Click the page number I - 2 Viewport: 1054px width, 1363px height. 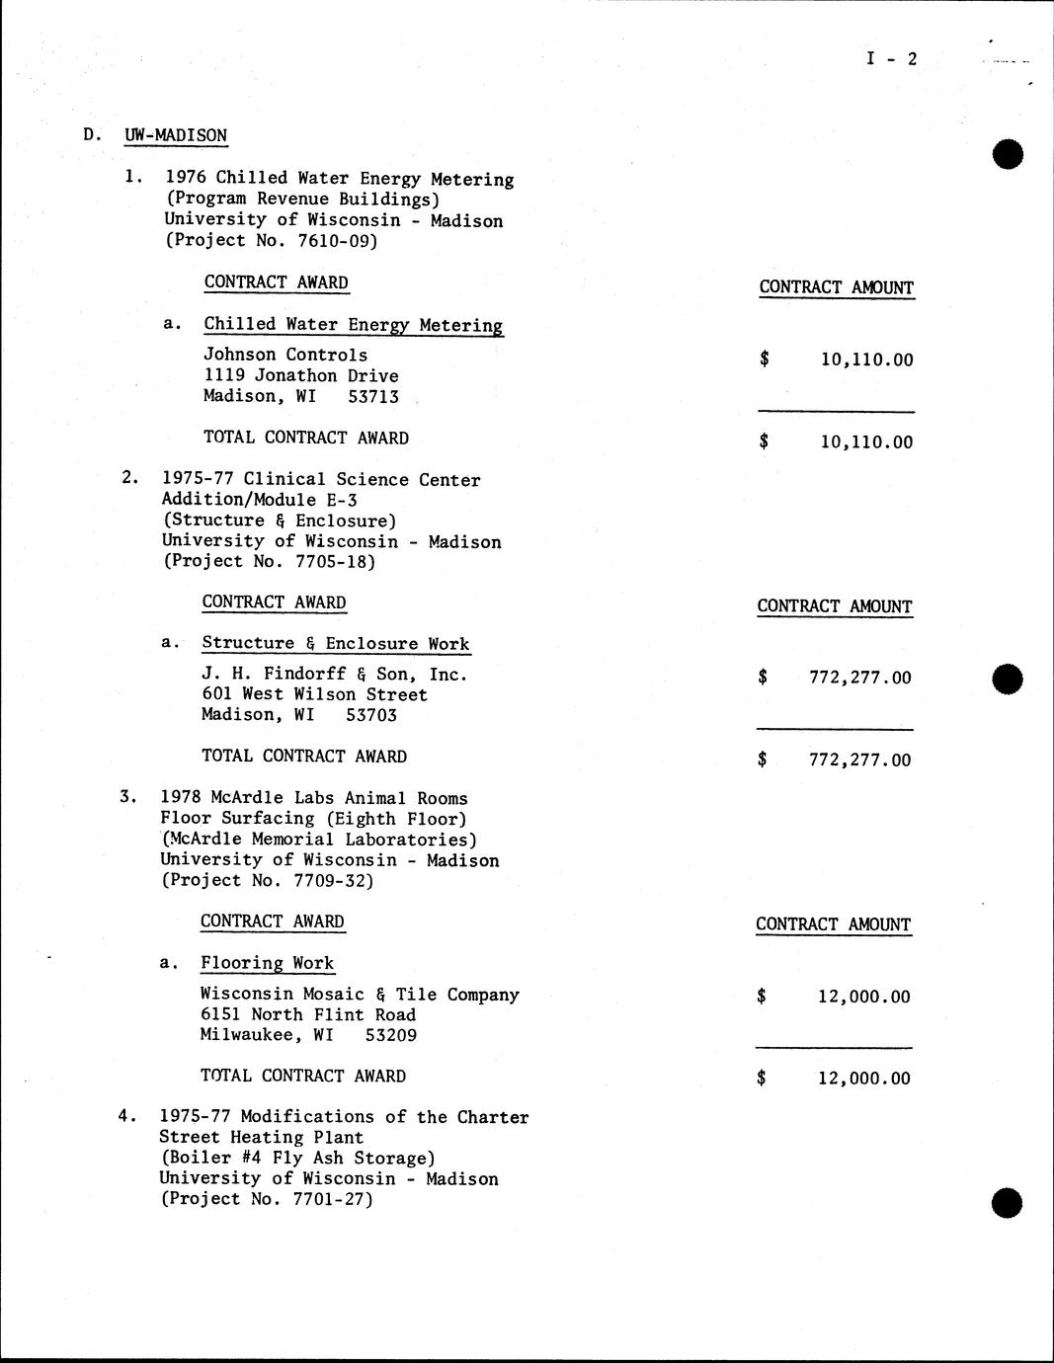click(x=891, y=59)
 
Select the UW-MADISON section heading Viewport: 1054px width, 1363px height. click(x=176, y=135)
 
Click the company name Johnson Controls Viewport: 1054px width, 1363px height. click(x=285, y=355)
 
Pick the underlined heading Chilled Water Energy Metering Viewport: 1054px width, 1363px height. click(x=353, y=325)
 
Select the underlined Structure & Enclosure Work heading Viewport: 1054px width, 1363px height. click(x=336, y=643)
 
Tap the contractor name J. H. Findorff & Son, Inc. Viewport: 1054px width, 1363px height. click(x=334, y=675)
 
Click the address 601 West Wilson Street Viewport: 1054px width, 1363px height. click(x=314, y=694)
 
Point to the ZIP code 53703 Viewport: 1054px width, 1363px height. click(x=371, y=715)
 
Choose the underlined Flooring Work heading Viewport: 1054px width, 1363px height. click(x=267, y=963)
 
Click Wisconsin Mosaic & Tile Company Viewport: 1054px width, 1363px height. click(x=360, y=995)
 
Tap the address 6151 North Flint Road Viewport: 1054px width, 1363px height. click(x=307, y=1014)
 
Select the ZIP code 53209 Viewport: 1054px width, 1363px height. click(x=390, y=1035)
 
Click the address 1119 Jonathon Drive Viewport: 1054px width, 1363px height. click(x=300, y=375)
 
